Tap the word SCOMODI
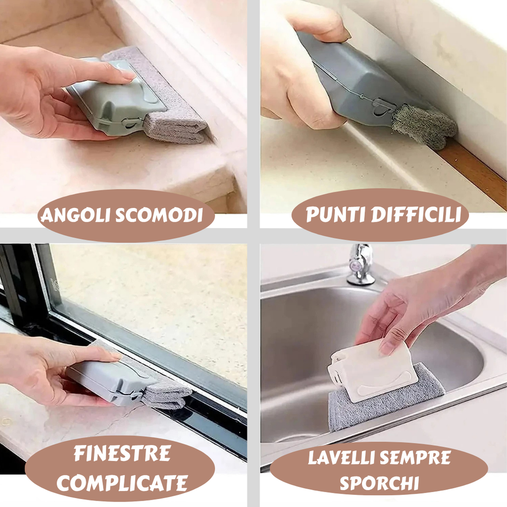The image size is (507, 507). point(159,215)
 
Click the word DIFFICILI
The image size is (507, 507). point(416,214)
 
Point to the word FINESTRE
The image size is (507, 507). point(122,454)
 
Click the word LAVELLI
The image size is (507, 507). point(342,457)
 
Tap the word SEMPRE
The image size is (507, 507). point(415,457)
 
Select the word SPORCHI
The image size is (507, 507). point(379,483)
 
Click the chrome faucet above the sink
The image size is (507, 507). point(360,264)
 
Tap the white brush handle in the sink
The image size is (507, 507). point(372,372)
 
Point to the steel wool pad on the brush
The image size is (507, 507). point(424,126)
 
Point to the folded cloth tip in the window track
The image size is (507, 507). point(166,396)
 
